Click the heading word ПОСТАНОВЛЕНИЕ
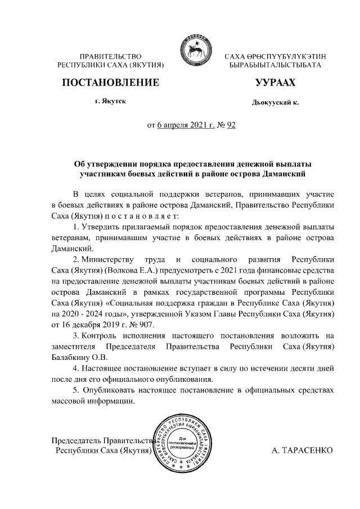(x=110, y=83)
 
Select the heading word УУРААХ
(x=275, y=83)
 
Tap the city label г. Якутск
(x=110, y=101)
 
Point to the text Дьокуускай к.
(x=275, y=103)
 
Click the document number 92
(x=230, y=125)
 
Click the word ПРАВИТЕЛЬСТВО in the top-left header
(x=110, y=56)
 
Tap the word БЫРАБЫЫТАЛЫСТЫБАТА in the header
(x=275, y=66)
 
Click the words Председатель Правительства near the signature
(x=102, y=440)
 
